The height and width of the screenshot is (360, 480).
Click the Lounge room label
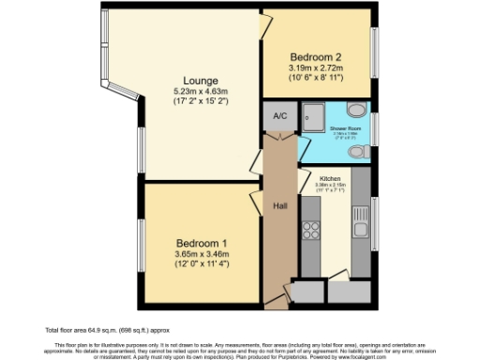click(201, 81)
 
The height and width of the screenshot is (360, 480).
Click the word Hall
click(279, 205)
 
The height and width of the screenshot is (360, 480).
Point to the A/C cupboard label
click(279, 117)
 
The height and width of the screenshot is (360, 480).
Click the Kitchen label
click(328, 177)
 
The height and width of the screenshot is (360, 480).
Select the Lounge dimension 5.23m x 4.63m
click(201, 92)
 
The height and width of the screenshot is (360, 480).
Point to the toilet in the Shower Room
click(356, 150)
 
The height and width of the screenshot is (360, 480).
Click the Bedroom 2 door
click(266, 28)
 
